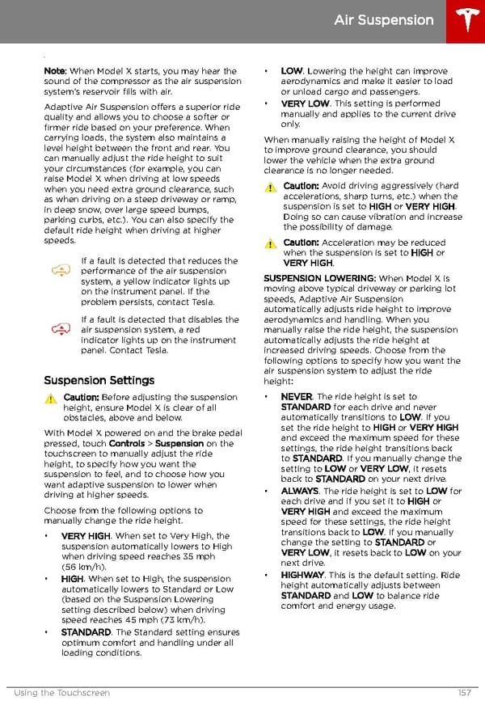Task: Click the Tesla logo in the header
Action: point(465,21)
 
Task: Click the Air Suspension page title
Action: point(384,19)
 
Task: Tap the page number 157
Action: point(463,693)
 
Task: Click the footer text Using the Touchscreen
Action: point(61,693)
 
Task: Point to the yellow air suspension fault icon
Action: point(61,272)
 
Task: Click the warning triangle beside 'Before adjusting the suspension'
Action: point(50,399)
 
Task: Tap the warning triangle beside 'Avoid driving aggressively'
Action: point(270,187)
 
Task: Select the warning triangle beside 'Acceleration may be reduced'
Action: point(270,243)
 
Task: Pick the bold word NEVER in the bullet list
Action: point(297,397)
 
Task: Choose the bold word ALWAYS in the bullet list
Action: point(299,491)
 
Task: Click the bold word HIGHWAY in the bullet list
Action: point(302,575)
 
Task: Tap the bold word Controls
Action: point(126,444)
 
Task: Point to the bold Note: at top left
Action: point(55,71)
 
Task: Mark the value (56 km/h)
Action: point(85,568)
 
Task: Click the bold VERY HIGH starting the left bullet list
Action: point(86,536)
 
